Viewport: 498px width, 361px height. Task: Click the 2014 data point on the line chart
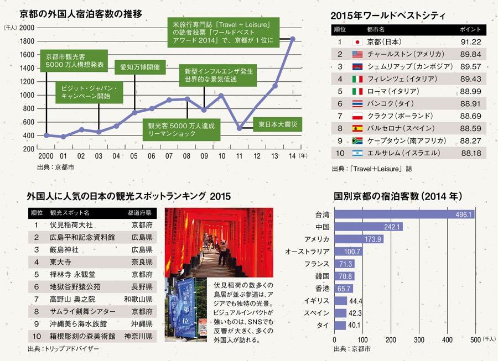pos(293,39)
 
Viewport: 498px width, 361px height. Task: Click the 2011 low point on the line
pos(239,128)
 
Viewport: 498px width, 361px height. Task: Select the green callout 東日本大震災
pos(278,125)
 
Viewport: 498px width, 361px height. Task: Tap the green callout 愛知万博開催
pos(140,67)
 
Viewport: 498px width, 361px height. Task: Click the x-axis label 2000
pos(46,156)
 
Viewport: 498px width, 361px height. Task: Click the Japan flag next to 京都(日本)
pos(357,42)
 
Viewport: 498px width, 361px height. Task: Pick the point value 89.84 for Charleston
pos(471,54)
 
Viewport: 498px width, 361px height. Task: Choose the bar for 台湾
pos(404,214)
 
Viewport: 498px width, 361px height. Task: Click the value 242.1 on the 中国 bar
pos(391,227)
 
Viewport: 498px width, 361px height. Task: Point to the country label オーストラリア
pos(307,252)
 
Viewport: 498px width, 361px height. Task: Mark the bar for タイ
pos(341,325)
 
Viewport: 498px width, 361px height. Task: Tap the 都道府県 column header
pos(139,212)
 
